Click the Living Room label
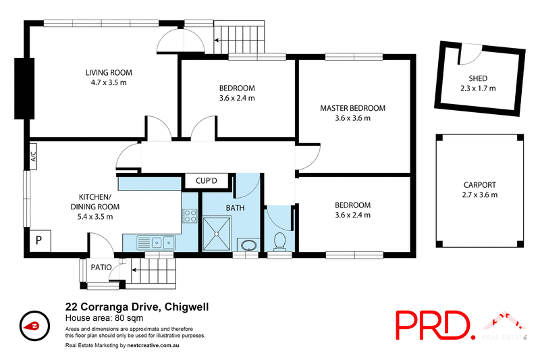coord(108,72)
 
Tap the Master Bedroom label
coord(352,108)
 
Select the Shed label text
coord(477,78)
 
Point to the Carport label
coord(480,184)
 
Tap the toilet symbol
coord(279,240)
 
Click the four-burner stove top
coord(190,217)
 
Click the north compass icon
coord(33,326)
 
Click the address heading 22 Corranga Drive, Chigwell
coord(136,307)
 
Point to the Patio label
coord(102,267)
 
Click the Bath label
coord(235,208)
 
